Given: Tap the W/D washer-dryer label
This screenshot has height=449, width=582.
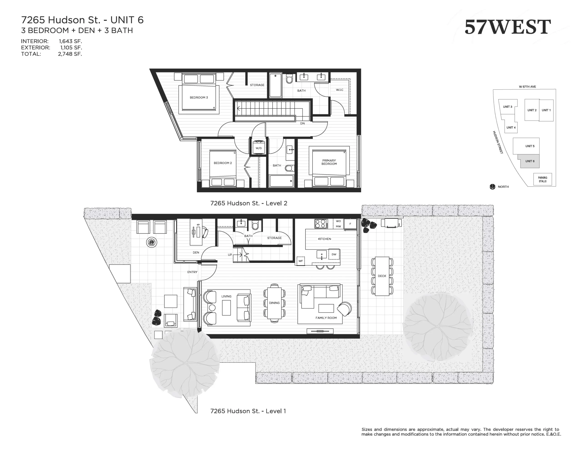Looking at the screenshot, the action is point(258,148).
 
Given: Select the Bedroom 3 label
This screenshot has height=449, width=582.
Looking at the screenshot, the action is point(199,97).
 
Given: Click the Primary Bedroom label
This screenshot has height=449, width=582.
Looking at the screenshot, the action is point(329,162).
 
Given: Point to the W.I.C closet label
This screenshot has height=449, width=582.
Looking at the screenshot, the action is point(339,90).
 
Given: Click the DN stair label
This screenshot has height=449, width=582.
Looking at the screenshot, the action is point(302,123).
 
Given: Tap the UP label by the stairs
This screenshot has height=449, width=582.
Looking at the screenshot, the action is point(230,255).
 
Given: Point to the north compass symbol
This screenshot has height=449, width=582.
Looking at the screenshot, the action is point(492,187).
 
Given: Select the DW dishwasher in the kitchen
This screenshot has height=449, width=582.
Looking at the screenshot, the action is point(334,254).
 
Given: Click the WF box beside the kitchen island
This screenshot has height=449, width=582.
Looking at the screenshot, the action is point(301,261).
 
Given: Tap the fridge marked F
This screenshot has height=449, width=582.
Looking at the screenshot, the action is point(350,224).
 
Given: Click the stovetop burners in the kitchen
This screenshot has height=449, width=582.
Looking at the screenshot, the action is point(321,224).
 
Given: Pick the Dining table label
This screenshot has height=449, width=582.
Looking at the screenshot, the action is point(274,303).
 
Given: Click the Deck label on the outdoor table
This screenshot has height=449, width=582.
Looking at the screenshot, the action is point(382,276).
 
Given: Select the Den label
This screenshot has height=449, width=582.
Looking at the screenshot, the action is point(196,253).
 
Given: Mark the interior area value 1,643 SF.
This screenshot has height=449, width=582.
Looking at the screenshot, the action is point(70,41).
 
